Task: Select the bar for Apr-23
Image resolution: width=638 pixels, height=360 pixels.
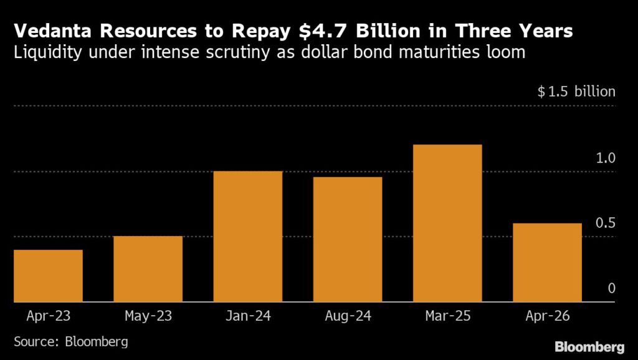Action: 48,275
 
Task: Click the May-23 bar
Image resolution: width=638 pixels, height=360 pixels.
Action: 148,268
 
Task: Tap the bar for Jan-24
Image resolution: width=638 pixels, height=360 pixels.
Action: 248,236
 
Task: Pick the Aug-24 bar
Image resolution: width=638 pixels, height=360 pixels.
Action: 348,239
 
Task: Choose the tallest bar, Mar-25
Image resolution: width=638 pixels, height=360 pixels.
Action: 447,223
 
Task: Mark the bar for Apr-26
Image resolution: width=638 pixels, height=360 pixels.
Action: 547,262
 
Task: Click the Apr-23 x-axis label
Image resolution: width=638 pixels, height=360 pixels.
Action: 49,316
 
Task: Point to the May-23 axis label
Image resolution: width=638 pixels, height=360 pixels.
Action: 148,316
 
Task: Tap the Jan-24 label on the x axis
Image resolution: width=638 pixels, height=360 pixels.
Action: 248,316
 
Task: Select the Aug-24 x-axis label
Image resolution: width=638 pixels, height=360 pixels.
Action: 348,316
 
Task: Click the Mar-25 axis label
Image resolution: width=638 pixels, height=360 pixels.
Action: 447,316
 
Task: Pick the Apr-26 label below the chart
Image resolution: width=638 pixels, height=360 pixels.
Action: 547,316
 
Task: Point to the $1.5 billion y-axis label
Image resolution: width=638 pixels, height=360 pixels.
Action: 576,92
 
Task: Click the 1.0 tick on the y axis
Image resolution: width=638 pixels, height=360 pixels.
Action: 605,158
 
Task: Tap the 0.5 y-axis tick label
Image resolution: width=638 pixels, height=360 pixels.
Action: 605,223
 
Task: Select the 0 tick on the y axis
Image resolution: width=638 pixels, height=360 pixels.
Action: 611,288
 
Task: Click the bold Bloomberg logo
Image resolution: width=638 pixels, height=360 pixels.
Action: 589,346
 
